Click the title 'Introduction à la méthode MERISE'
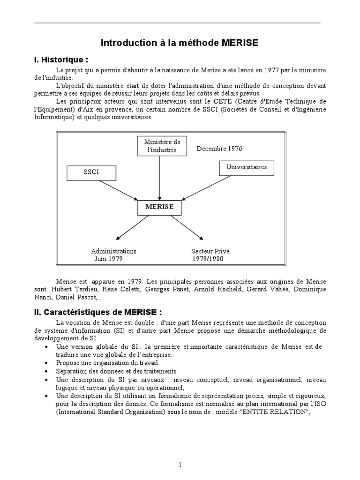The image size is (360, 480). pyautogui.click(x=180, y=43)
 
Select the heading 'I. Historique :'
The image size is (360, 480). pyautogui.click(x=61, y=60)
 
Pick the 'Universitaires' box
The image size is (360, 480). pyautogui.click(x=247, y=167)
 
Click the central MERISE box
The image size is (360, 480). pyautogui.click(x=159, y=207)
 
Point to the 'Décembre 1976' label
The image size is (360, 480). pyautogui.click(x=219, y=149)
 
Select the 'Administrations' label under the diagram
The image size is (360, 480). pyautogui.click(x=114, y=251)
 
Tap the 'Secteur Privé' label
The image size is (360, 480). pyautogui.click(x=210, y=251)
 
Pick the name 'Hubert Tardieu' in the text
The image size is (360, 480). pyautogui.click(x=70, y=289)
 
